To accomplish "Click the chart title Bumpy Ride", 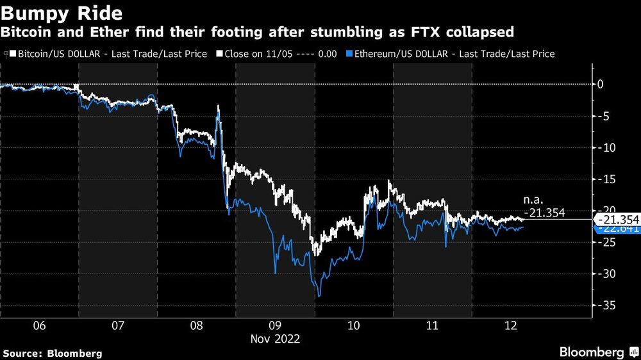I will (54, 12).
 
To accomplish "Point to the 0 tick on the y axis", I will (601, 84).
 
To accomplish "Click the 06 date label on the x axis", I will (40, 325).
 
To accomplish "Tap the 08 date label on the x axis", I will (197, 325).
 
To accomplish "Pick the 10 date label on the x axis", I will (354, 325).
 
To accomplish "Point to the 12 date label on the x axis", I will (511, 325).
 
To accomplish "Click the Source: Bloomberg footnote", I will (53, 353).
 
